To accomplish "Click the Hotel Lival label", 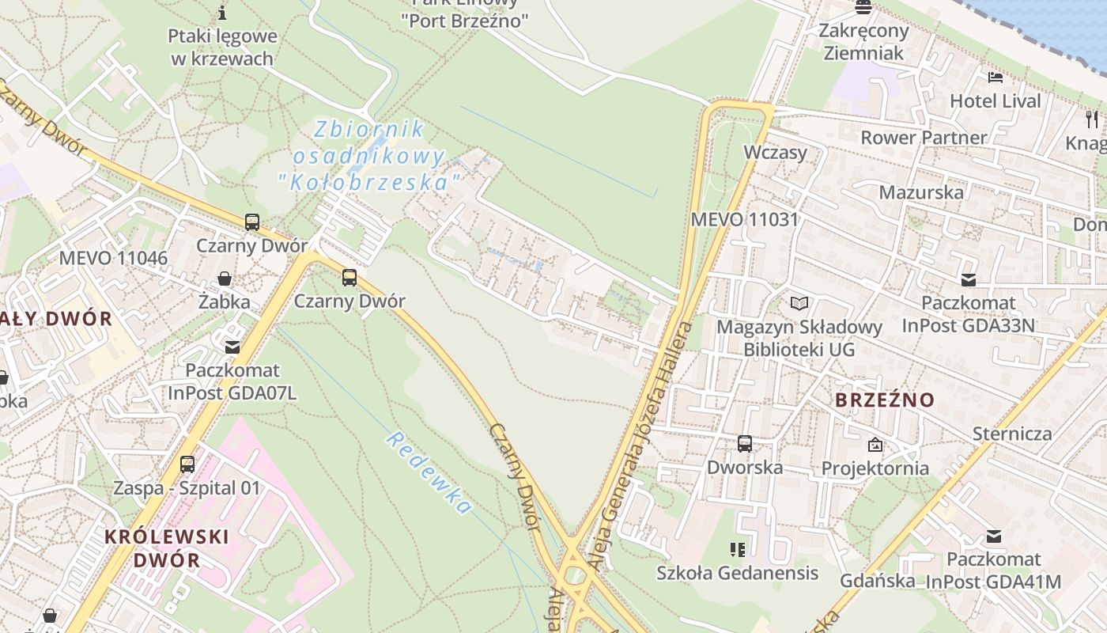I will (x=996, y=101).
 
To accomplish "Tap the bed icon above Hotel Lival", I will (x=996, y=78).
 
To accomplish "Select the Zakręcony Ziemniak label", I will (x=863, y=42).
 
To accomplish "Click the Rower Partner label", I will (x=924, y=138).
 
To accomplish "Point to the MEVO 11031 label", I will (x=745, y=219).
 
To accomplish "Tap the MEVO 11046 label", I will (x=113, y=258).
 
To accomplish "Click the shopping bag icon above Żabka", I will (x=225, y=279).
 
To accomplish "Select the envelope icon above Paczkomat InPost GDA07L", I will (x=232, y=347).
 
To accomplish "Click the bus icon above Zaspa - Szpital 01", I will (x=187, y=464).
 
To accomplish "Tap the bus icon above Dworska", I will (x=745, y=444).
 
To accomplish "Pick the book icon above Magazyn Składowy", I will (x=799, y=303).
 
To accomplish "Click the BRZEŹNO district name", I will (x=885, y=400).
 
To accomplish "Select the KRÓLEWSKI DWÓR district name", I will (x=167, y=548).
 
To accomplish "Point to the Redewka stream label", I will (x=429, y=473).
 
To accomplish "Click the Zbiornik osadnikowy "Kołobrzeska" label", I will (x=369, y=155).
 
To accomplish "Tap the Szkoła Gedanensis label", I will (x=737, y=572).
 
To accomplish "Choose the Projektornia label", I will (x=875, y=468).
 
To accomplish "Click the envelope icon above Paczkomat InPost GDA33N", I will (x=968, y=279).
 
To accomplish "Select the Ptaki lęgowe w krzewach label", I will (x=222, y=47).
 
